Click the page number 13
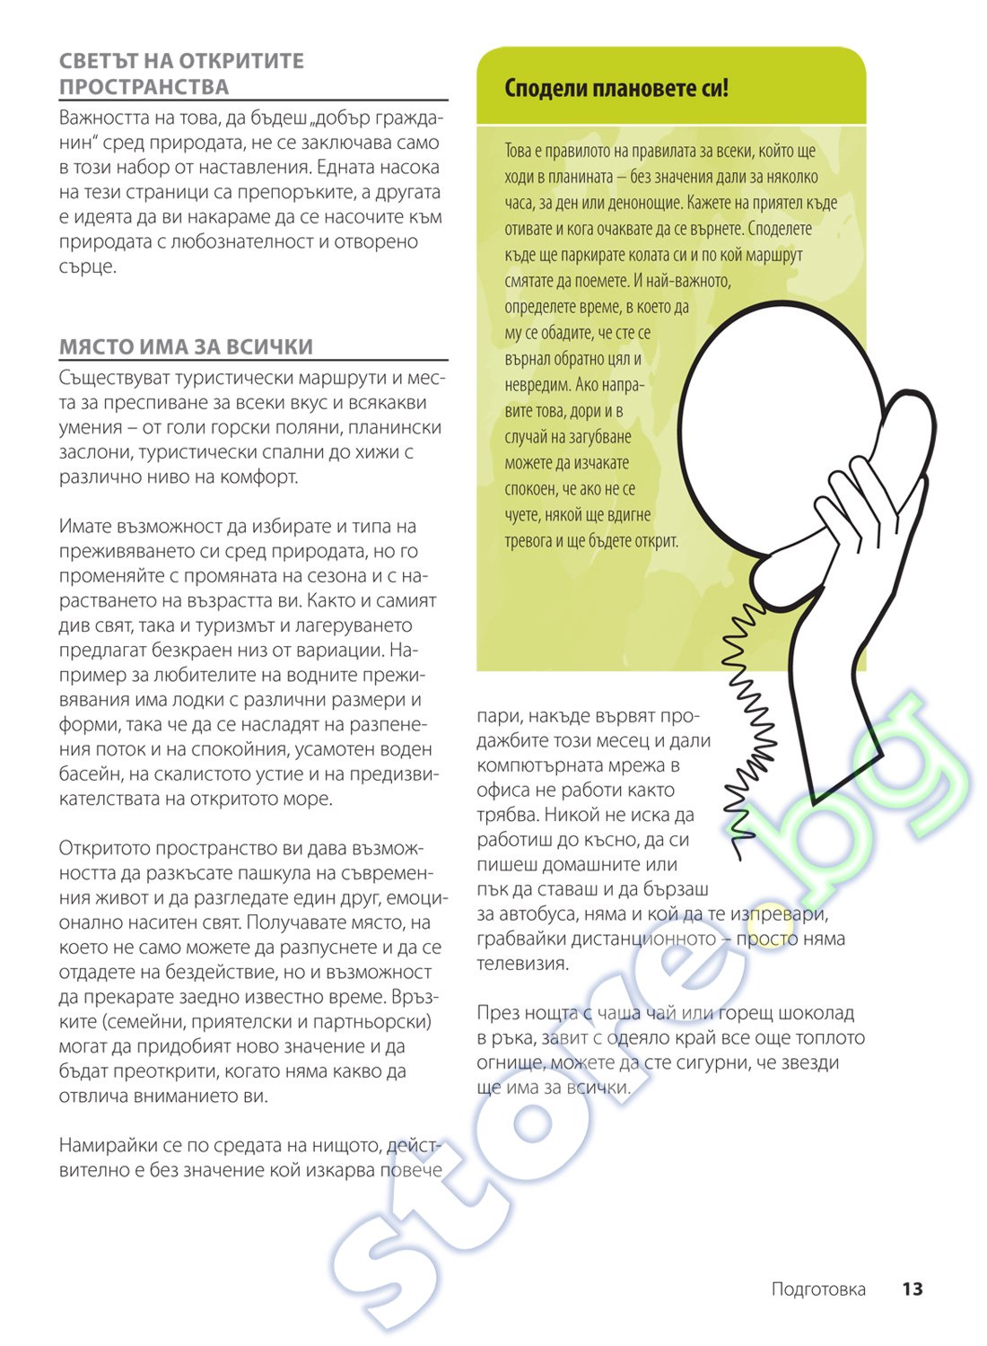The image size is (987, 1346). pos(912,1289)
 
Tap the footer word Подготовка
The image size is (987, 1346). pos(818,1289)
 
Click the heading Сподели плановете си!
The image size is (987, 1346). pos(616,88)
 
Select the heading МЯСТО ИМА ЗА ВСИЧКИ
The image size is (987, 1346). pos(186,347)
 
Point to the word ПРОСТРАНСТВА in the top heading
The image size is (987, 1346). pos(144,87)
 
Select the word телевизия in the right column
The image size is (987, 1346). pos(522,964)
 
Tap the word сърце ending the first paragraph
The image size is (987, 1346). pos(87,267)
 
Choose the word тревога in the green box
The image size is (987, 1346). pos(529,541)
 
